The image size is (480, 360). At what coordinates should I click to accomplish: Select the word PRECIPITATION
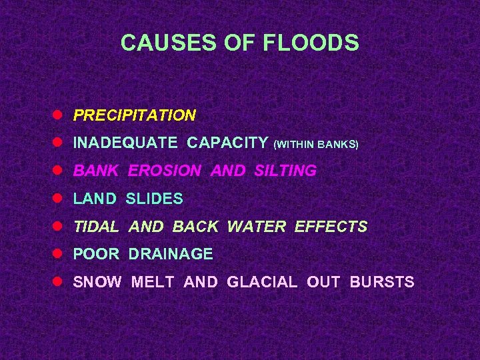[x=135, y=115]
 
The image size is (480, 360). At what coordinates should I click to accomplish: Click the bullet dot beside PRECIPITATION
[x=59, y=115]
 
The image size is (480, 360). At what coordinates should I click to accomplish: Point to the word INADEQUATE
[x=125, y=143]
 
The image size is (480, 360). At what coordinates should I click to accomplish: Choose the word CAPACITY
[x=227, y=143]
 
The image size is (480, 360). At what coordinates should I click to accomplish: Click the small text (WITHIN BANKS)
[x=316, y=144]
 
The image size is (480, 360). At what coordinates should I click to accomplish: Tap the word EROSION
[x=164, y=171]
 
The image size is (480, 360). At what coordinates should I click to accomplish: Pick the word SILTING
[x=285, y=171]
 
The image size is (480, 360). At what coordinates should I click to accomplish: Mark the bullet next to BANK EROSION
[x=59, y=170]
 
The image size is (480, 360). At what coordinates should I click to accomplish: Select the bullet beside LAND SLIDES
[x=59, y=198]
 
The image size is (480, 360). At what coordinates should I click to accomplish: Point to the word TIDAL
[x=96, y=227]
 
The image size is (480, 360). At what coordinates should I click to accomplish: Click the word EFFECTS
[x=331, y=227]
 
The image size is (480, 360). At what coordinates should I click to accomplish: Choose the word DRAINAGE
[x=171, y=254]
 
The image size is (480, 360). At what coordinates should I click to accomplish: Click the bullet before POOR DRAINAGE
[x=59, y=253]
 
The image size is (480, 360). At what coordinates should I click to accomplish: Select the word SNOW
[x=97, y=282]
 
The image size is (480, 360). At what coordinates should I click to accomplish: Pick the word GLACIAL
[x=262, y=282]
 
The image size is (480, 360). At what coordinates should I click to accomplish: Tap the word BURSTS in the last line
[x=382, y=282]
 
